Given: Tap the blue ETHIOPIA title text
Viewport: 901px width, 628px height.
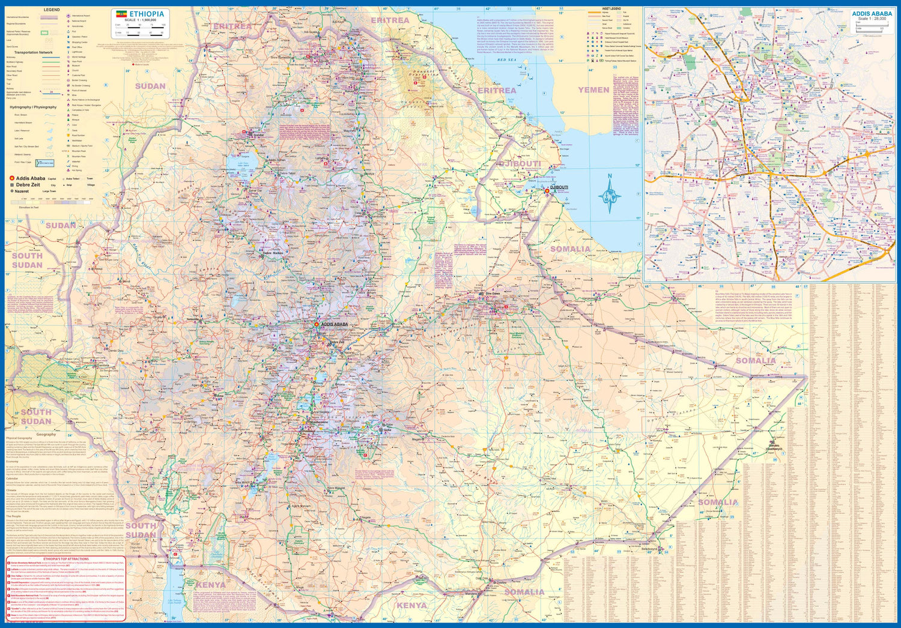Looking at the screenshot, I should (147, 14).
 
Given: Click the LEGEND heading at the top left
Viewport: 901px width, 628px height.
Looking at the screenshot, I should (52, 10).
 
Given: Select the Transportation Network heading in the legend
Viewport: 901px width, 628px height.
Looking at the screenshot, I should (34, 53).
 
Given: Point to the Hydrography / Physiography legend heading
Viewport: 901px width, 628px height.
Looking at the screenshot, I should (33, 107).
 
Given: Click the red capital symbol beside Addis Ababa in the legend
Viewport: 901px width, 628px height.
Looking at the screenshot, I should (11, 178).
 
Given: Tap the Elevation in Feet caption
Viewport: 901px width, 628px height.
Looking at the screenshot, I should (28, 207).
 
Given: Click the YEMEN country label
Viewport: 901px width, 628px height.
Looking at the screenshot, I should (593, 90).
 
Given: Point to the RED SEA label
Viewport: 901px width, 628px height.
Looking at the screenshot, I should (506, 60).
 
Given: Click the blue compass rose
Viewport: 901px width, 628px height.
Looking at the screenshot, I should (610, 195).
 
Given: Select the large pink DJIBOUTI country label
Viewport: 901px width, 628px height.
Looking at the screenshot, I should (520, 163).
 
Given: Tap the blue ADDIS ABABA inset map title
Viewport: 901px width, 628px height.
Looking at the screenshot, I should (872, 13).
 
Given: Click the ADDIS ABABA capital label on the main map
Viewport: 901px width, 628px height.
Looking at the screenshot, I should (335, 324).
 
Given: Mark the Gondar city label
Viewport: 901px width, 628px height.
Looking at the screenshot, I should (258, 135).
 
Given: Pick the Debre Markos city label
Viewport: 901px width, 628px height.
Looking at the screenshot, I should (273, 253).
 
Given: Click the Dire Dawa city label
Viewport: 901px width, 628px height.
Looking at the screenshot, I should (493, 293).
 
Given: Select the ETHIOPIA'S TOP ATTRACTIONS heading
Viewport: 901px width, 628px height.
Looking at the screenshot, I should (66, 558).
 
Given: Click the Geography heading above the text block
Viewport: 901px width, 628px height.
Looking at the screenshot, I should (46, 435).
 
